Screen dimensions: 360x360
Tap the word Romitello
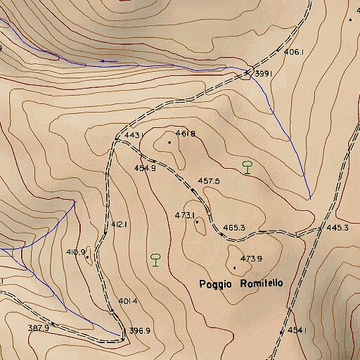coord(262,283)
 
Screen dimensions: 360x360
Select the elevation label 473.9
coord(251,259)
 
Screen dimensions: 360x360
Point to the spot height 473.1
coord(185,215)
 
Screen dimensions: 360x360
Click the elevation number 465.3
coord(233,228)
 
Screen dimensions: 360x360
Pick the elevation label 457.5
coord(209,181)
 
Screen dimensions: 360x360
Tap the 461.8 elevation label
coord(186,134)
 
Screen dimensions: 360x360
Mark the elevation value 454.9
coord(145,168)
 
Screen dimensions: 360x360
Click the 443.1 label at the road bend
coord(134,135)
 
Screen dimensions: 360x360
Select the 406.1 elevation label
coord(293,52)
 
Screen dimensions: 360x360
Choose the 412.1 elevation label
coord(119,225)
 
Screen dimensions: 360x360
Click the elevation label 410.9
coord(75,252)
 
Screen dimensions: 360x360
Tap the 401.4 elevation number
coord(127,301)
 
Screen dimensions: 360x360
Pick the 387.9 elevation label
coord(38,328)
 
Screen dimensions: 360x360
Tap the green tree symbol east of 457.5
coord(247,167)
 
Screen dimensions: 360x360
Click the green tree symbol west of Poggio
coord(155,259)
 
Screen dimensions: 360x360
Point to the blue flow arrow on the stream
coord(103,61)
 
